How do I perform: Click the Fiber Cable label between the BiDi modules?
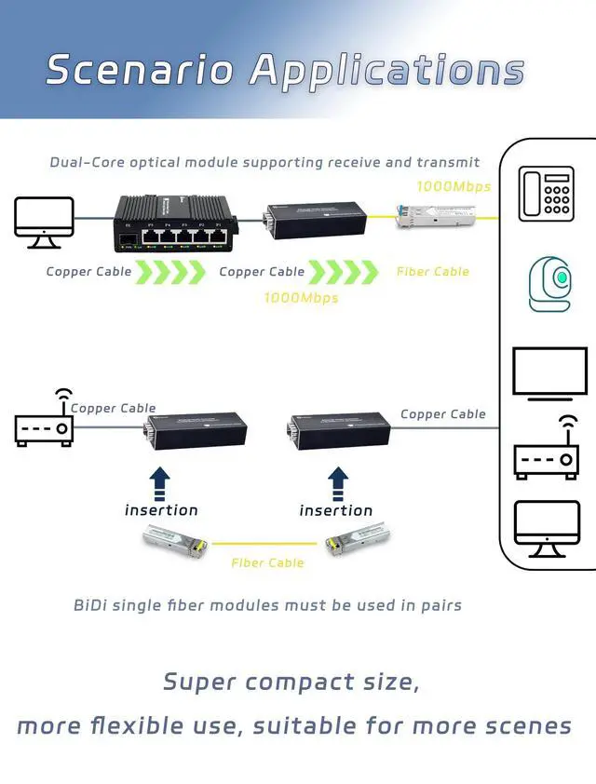point(267,562)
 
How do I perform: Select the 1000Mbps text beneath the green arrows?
point(301,298)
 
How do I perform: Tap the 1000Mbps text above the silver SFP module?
point(453,186)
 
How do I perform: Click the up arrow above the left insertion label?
point(160,482)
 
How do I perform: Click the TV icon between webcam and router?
point(549,373)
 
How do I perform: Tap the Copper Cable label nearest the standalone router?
point(113,408)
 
